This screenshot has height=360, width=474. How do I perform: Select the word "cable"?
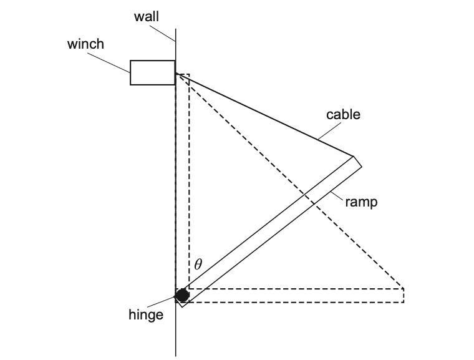coord(343,115)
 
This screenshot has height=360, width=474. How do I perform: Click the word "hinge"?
coord(146,315)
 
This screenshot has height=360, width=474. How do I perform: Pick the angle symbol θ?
coord(198,264)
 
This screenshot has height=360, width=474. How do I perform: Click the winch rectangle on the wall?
coord(152,72)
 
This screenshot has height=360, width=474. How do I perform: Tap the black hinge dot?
coord(182,295)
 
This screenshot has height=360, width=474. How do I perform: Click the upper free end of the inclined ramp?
coord(356,162)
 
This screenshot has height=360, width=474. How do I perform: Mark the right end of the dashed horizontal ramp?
coord(402,296)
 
